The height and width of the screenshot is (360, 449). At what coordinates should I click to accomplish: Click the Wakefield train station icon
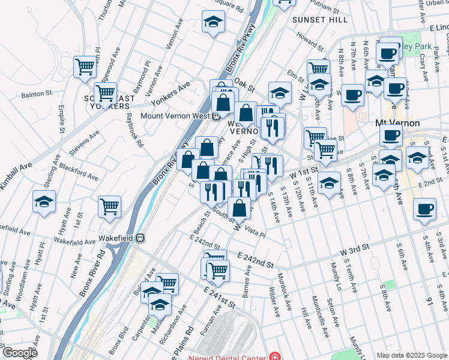(x=140, y=237)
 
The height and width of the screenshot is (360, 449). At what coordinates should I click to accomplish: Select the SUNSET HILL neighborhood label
(x=320, y=20)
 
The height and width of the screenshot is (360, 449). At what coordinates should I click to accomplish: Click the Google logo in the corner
(x=20, y=353)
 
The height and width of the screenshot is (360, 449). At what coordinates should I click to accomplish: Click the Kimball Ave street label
(x=16, y=176)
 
